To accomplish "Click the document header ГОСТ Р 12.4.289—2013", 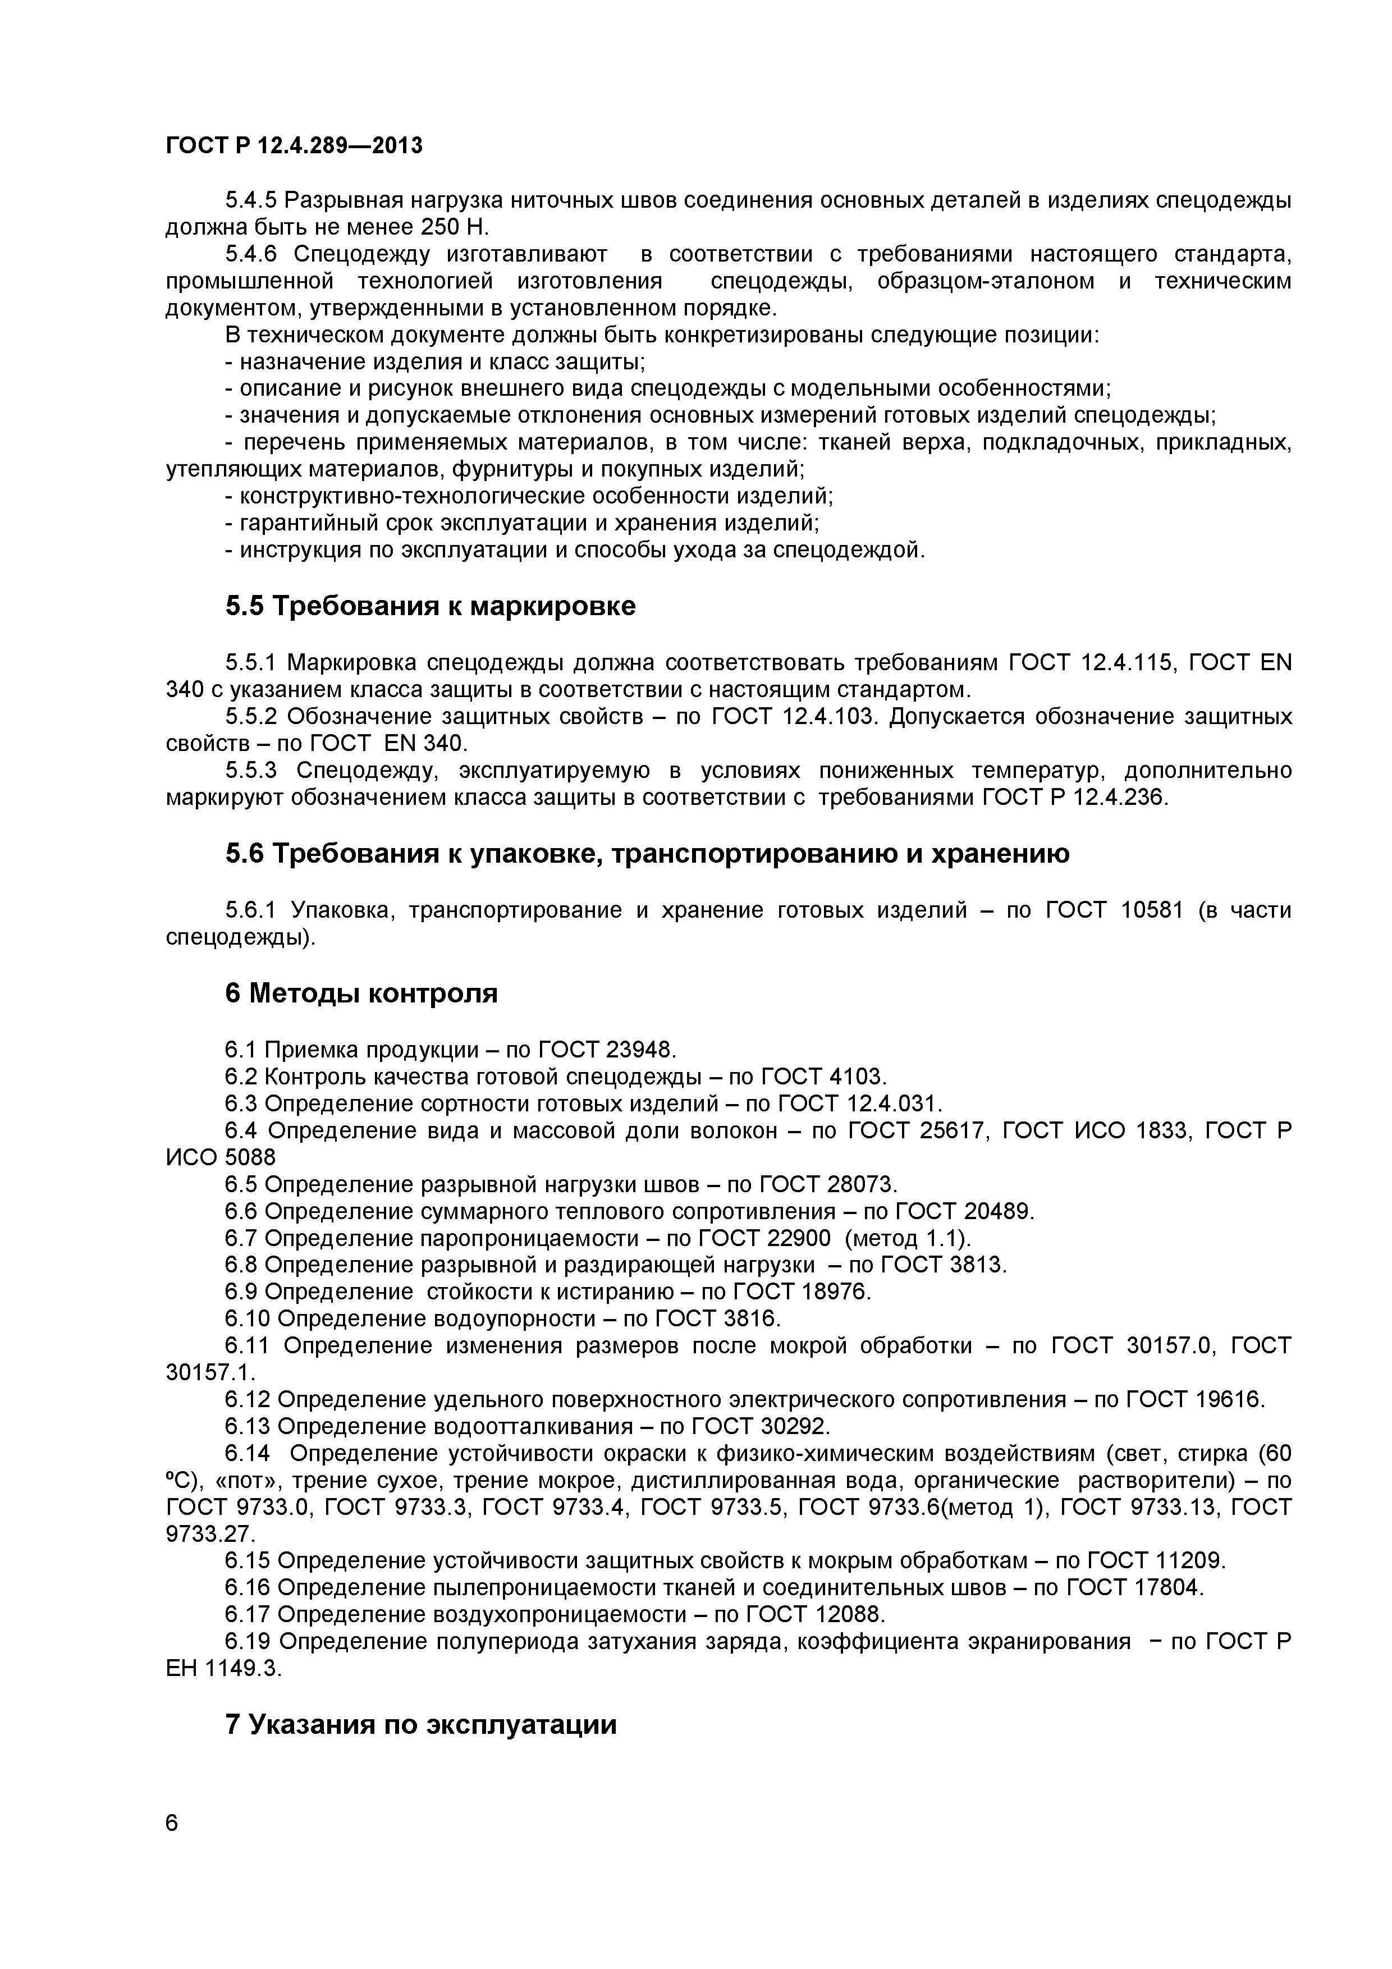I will [294, 146].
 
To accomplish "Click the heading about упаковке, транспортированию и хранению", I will [648, 854].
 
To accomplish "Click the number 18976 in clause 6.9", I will [835, 1292].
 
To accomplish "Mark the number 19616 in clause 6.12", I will [1229, 1399].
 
